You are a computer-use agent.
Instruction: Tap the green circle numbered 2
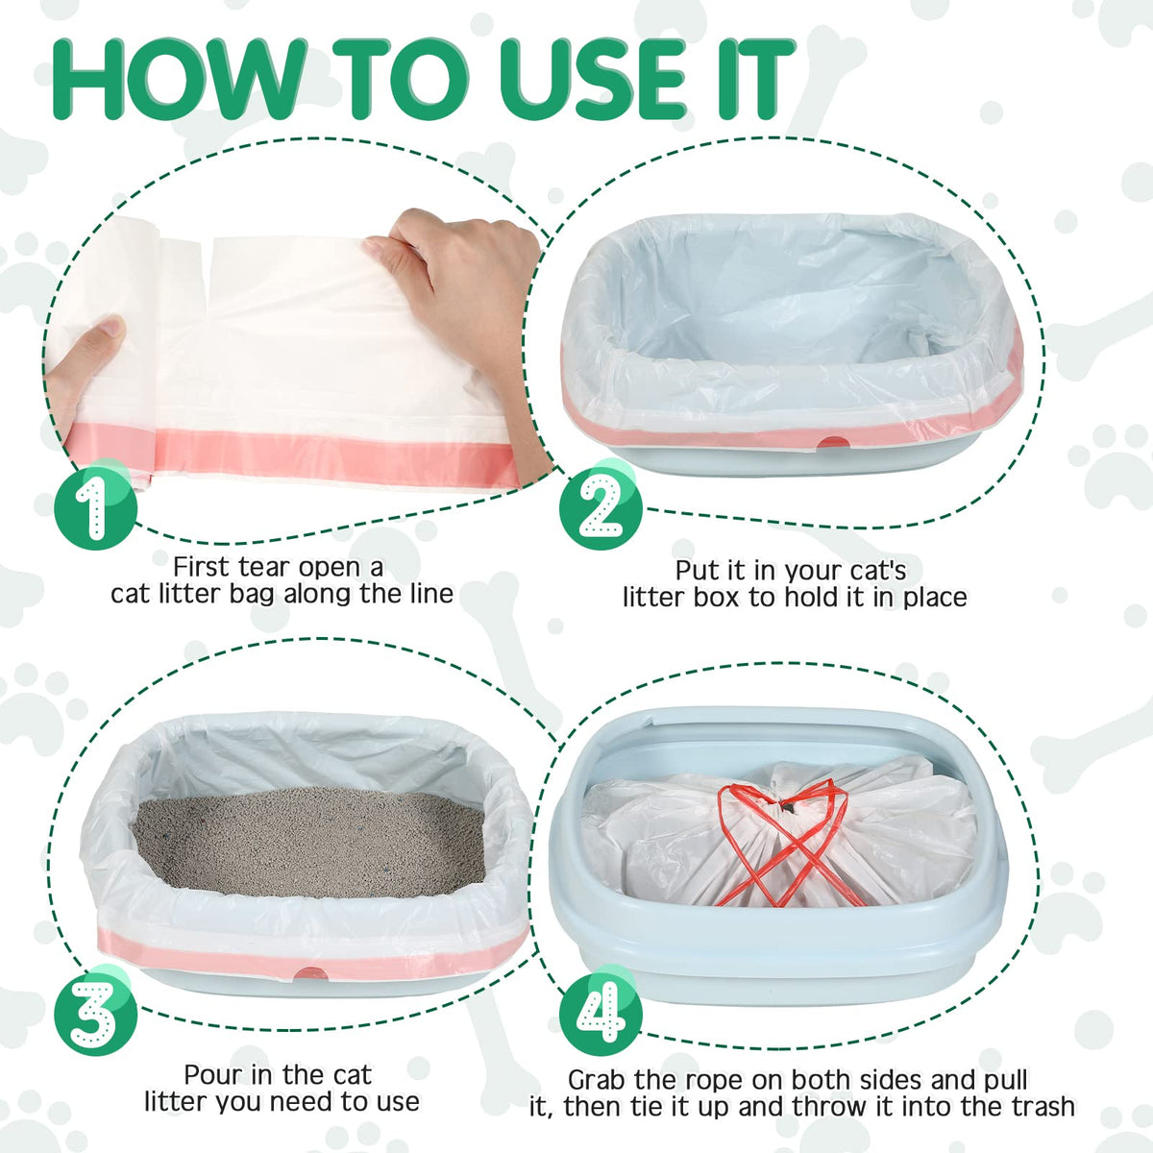601,508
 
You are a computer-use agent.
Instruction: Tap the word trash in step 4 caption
1043,1107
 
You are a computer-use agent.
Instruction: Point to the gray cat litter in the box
308,843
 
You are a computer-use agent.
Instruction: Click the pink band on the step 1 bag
293,454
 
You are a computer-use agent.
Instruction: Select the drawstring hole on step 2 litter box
834,442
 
